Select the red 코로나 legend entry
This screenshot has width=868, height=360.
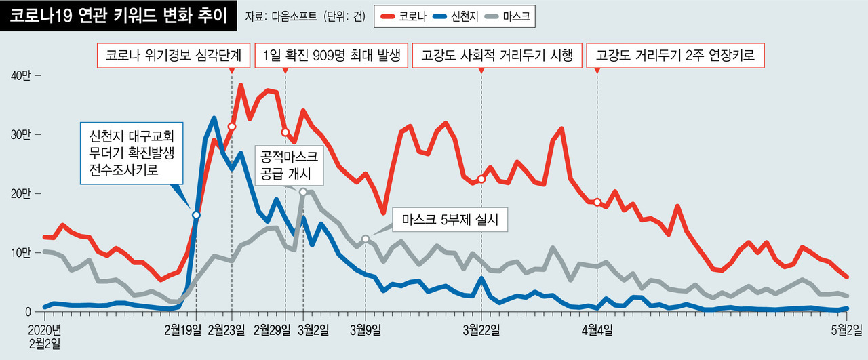[x=404, y=16]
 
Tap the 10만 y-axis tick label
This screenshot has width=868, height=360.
[x=23, y=253]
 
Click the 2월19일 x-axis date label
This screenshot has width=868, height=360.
[x=184, y=330]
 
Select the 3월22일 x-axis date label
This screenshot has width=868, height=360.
[x=482, y=330]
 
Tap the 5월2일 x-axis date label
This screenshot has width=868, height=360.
[x=846, y=330]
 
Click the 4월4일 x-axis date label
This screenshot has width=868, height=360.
[x=597, y=330]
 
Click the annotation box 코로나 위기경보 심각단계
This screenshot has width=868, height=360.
[x=174, y=56]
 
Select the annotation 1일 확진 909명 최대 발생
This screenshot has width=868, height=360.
[x=332, y=56]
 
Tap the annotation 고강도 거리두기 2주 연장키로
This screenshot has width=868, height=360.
[x=675, y=56]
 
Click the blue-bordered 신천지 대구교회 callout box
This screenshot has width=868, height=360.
[x=127, y=153]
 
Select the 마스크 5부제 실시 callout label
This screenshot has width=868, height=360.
[x=450, y=220]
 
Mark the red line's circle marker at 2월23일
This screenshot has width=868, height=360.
[x=232, y=127]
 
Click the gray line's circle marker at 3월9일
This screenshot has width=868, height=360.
[x=366, y=239]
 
